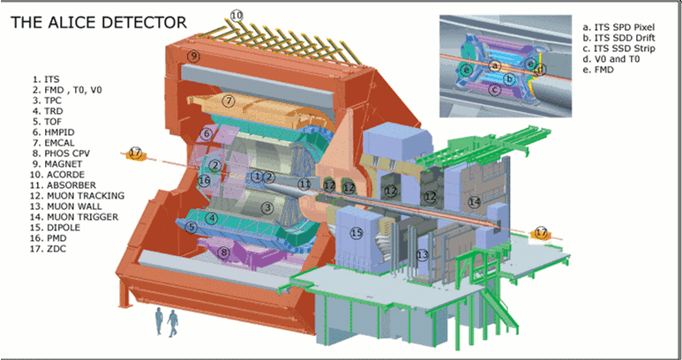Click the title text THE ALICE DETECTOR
(99, 22)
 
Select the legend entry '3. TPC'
(46, 101)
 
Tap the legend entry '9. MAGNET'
(57, 164)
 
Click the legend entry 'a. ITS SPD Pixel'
(618, 27)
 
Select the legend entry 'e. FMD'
(598, 69)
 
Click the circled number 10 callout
(236, 16)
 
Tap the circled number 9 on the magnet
(193, 56)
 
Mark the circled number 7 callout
(229, 101)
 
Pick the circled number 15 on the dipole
(356, 234)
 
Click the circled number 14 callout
(474, 202)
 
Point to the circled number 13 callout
(423, 255)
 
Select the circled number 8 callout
(223, 252)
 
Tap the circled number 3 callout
(268, 208)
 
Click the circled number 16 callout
(204, 180)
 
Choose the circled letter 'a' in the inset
(495, 65)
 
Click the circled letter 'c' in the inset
(494, 90)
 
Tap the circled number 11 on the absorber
(305, 184)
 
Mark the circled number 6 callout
(206, 133)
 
